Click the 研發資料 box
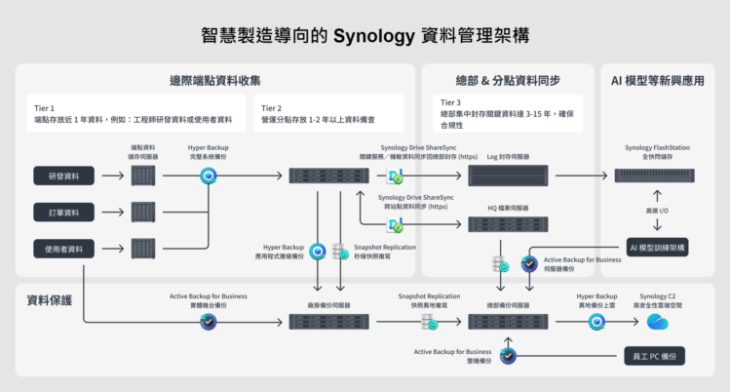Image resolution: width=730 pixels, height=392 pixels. point(64,176)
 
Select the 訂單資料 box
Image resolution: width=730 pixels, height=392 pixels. point(64,212)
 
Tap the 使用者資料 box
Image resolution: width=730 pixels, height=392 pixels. point(64,249)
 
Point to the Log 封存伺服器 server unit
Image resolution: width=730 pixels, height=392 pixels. point(508,176)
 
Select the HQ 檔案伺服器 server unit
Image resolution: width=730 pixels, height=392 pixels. point(508,225)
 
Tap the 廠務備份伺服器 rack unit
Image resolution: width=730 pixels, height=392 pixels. point(327,321)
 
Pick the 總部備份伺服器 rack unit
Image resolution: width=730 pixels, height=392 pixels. point(508,321)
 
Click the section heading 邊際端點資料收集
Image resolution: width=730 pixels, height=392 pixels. point(214,80)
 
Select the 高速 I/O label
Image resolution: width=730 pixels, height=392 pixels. point(658,212)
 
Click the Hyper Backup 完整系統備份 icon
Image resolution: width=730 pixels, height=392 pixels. point(208,176)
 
